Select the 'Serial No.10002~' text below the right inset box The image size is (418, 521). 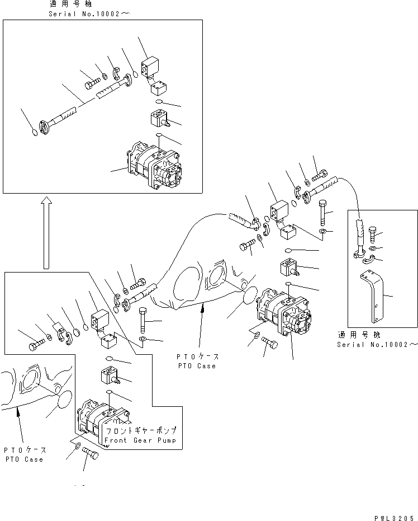[x=377, y=345]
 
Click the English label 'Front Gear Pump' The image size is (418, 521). [x=140, y=440]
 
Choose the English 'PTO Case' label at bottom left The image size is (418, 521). [x=25, y=459]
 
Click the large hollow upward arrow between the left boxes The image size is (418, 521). [x=47, y=232]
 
